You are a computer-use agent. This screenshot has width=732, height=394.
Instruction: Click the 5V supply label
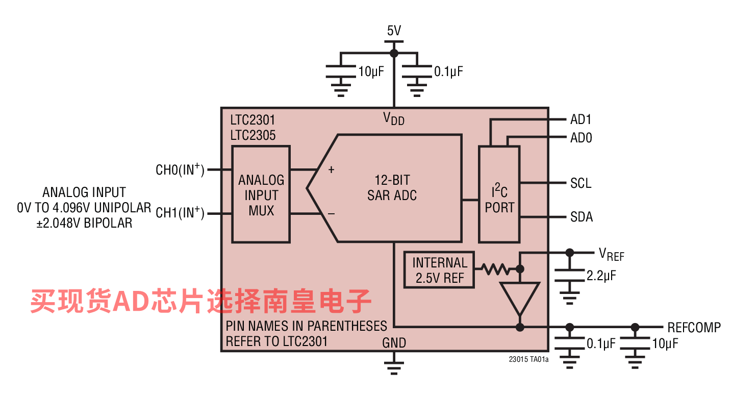click(x=394, y=31)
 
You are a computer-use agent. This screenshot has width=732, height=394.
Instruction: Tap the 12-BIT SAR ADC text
click(x=392, y=188)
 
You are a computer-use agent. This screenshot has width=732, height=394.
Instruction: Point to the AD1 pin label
click(x=580, y=119)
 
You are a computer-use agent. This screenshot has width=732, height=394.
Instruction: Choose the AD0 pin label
click(x=581, y=138)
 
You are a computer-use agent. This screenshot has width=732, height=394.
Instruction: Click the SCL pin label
click(x=580, y=183)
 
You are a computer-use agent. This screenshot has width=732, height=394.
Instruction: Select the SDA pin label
click(x=582, y=217)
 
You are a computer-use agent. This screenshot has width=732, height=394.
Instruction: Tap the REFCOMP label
click(x=694, y=327)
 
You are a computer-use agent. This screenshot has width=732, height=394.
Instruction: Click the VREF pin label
click(x=612, y=254)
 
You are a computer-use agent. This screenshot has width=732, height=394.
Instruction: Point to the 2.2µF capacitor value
click(x=601, y=276)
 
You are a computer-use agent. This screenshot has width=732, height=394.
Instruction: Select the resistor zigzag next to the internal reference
click(x=495, y=269)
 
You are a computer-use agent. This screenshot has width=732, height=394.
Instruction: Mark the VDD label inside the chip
click(x=394, y=118)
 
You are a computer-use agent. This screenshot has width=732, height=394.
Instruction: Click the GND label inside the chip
click(x=394, y=342)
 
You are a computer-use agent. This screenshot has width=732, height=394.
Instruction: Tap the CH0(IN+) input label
click(x=180, y=169)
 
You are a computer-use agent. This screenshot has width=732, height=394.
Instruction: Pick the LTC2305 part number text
click(x=253, y=135)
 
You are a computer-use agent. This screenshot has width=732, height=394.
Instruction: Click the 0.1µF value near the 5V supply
click(x=448, y=71)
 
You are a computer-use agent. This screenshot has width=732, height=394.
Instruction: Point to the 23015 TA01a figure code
click(x=528, y=359)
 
